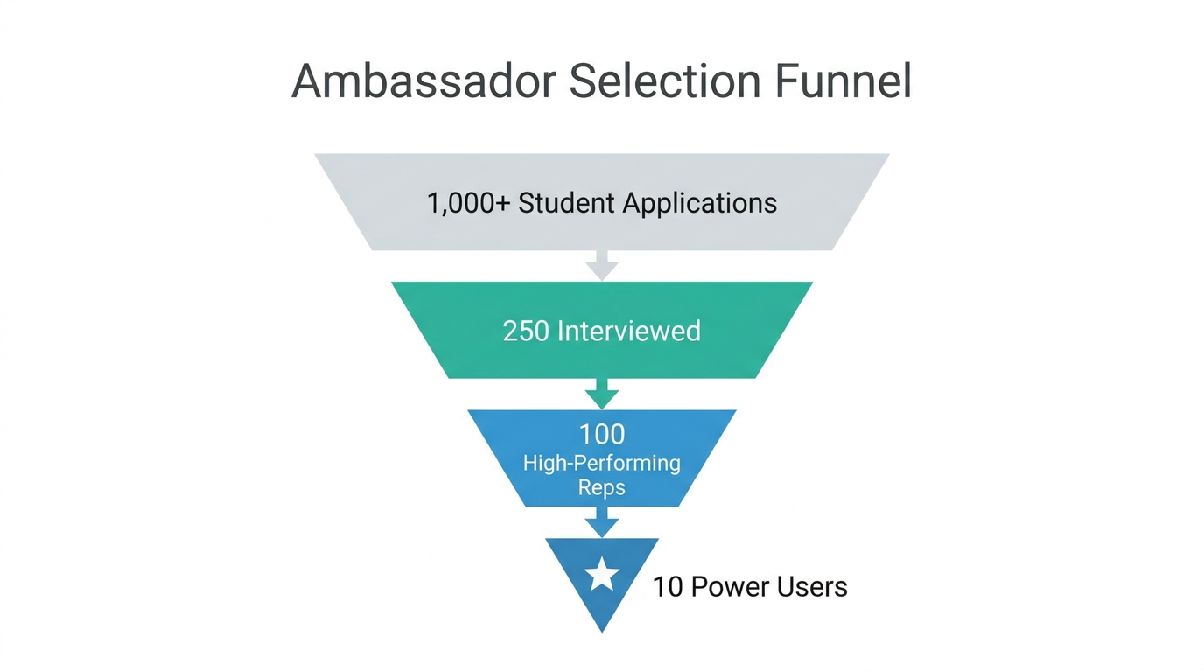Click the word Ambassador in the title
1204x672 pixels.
tap(423, 81)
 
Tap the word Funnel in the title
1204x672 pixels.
tap(843, 81)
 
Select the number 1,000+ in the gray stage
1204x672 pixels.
tap(468, 203)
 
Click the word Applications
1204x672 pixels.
tap(700, 203)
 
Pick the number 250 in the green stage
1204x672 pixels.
tap(527, 331)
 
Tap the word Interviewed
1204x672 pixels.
tap(629, 331)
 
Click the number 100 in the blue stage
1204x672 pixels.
tap(602, 434)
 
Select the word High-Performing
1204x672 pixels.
tap(602, 462)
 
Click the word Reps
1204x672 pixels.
tap(602, 487)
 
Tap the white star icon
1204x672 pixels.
tap(602, 576)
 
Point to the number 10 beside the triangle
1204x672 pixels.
tap(668, 586)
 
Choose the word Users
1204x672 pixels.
tap(810, 586)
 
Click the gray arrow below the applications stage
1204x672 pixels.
tap(602, 265)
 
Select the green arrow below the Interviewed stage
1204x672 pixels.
tap(602, 394)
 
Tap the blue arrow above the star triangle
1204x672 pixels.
tap(602, 522)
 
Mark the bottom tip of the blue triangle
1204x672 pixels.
tap(602, 629)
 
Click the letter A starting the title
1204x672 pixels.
tap(308, 81)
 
